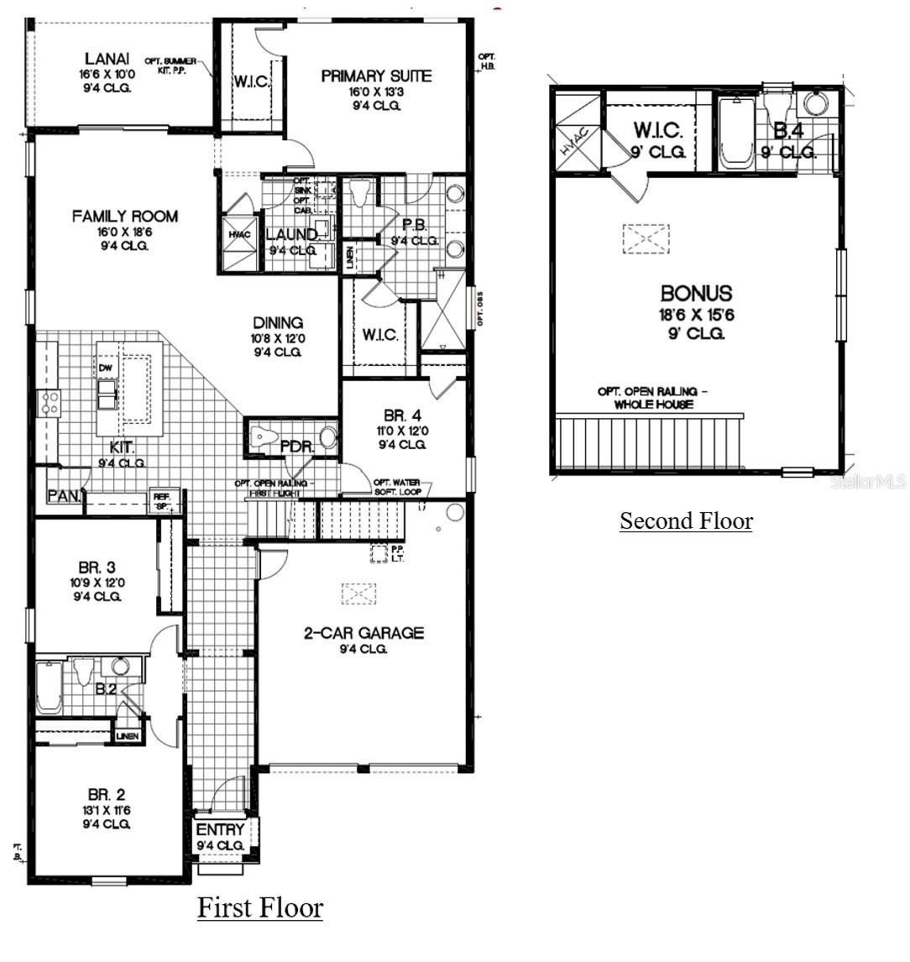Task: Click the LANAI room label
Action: point(107,59)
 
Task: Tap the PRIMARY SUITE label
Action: point(376,76)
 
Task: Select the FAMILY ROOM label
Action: point(124,217)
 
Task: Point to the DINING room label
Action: point(278,323)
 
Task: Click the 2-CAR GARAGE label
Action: point(363,633)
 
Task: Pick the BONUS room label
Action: point(696,294)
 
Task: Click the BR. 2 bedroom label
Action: point(107,794)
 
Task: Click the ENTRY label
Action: point(220,830)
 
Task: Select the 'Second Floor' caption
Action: point(686,521)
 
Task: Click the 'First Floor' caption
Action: point(259,908)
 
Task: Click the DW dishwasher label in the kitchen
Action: point(106,368)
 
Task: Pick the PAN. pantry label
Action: point(63,496)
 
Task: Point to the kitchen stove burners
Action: point(48,403)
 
